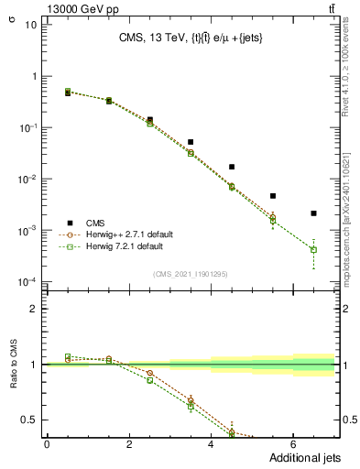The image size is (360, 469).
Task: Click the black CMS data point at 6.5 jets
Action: (x=313, y=213)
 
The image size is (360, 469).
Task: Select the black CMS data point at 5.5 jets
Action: (x=272, y=196)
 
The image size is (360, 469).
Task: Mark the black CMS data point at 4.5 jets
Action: (x=232, y=167)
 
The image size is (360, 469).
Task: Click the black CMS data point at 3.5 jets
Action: (x=191, y=142)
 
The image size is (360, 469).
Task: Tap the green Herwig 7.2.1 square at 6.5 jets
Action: (x=313, y=249)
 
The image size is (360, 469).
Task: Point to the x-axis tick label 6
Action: (x=293, y=444)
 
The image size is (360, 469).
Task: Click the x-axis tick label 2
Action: (x=129, y=444)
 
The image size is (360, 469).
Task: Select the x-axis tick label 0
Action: (x=47, y=444)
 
